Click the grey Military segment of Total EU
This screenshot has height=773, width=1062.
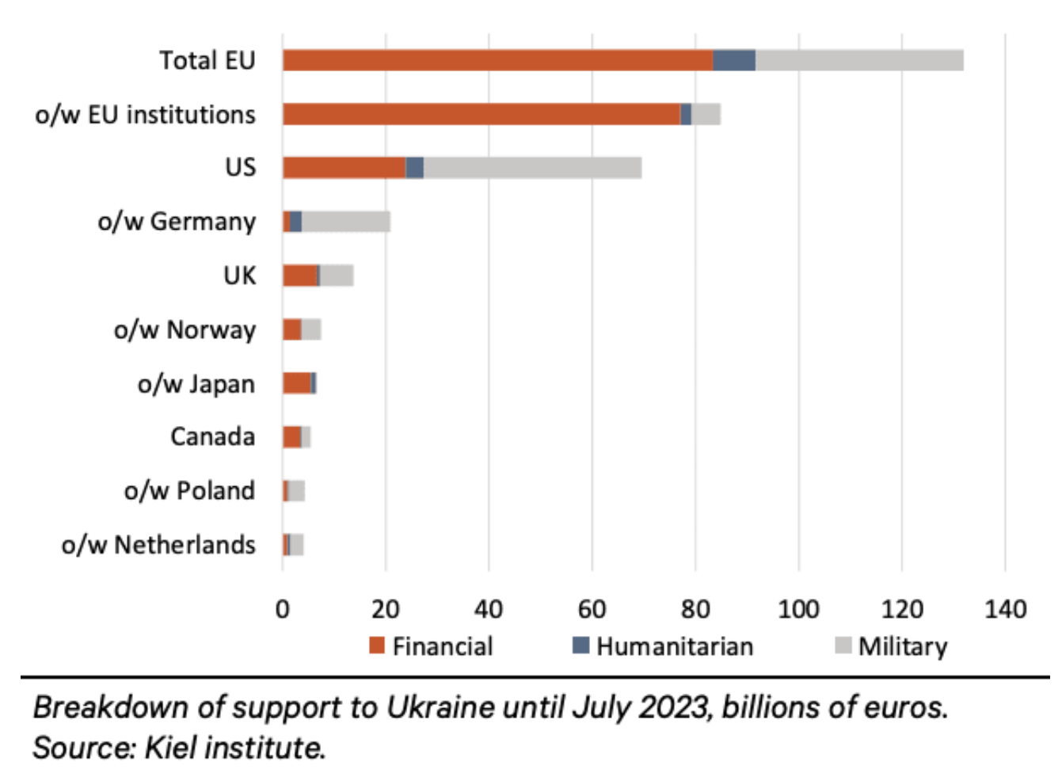(x=859, y=60)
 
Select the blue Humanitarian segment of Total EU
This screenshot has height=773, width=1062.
(x=734, y=60)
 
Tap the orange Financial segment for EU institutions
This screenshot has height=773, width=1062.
(x=482, y=114)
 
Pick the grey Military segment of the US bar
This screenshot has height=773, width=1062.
(x=532, y=168)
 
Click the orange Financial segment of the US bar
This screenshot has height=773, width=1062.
(x=344, y=168)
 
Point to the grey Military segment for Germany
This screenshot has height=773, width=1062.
(x=346, y=222)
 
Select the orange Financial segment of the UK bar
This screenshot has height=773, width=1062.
(x=299, y=276)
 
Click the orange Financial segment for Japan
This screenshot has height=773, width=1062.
(x=296, y=383)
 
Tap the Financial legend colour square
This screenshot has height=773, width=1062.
(x=377, y=645)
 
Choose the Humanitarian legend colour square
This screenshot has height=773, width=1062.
(x=581, y=645)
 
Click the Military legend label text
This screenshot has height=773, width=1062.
(x=903, y=647)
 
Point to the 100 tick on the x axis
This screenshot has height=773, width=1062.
(x=798, y=609)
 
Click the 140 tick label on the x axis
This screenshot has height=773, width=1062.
(x=1005, y=609)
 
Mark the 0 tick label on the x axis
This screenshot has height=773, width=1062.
(x=283, y=609)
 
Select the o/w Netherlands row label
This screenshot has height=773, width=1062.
(x=158, y=545)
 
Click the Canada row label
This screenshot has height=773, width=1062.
(x=212, y=436)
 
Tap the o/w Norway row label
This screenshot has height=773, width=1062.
(x=185, y=329)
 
